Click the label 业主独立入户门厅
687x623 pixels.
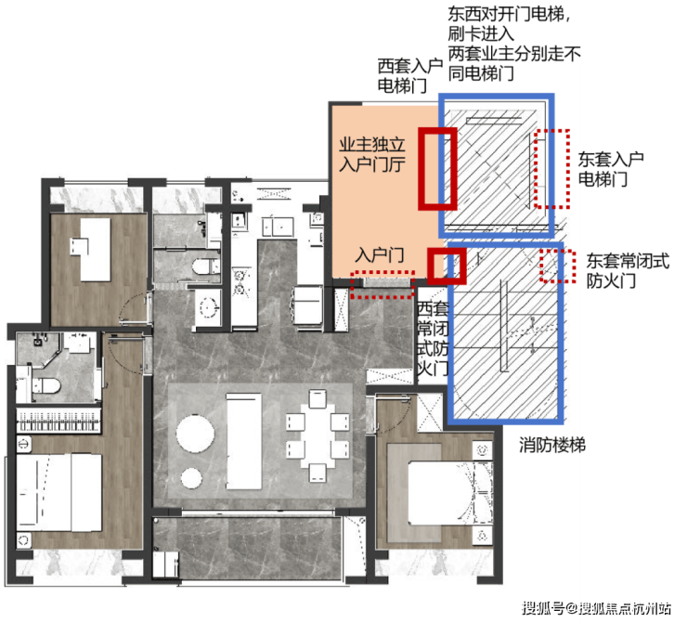372,155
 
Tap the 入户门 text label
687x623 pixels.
380,255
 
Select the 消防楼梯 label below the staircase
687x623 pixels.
552,445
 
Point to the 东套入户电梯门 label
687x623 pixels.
610,169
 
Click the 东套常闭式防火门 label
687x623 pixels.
628,271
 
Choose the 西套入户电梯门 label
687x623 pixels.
409,76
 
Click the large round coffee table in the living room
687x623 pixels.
195,433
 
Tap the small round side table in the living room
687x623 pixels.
191,478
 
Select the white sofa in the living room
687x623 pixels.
243,441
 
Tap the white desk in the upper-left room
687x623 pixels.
92,249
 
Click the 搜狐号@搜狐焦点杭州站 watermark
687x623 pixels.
596,608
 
